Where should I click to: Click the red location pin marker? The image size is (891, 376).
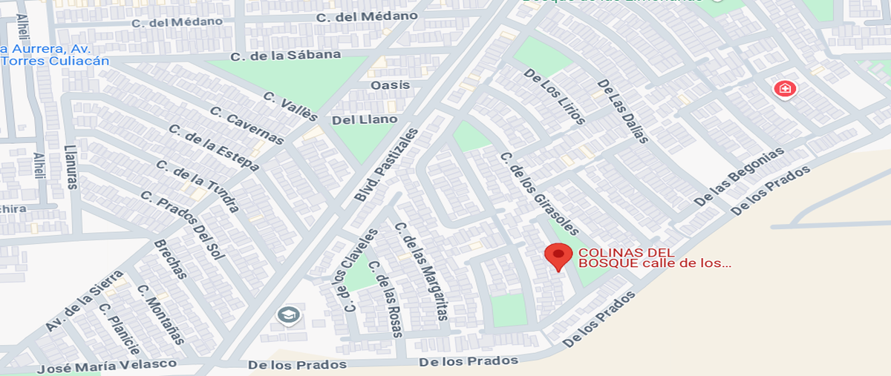tap(558, 257)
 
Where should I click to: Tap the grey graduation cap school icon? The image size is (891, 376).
tap(287, 315)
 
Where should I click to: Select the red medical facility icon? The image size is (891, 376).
tap(784, 90)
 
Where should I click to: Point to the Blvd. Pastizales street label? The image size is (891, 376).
tap(386, 165)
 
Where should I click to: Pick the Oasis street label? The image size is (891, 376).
tap(390, 85)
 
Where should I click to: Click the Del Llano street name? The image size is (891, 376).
tap(365, 119)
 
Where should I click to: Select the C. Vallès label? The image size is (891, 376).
tap(291, 107)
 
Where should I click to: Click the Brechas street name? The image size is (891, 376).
tap(170, 259)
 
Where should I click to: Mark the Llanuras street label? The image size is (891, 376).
tap(71, 167)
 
